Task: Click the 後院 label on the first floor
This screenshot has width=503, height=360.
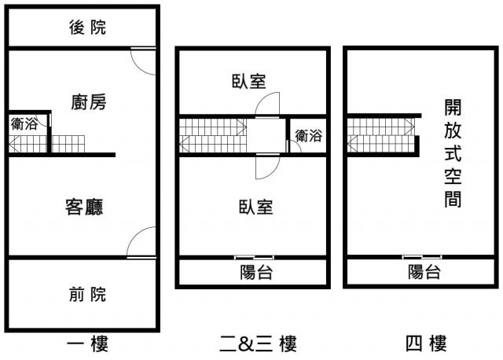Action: click(x=87, y=28)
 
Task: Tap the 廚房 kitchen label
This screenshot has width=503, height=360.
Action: click(x=88, y=102)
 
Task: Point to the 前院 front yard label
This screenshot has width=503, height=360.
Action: click(x=86, y=295)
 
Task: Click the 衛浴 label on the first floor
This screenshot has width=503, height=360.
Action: click(x=24, y=124)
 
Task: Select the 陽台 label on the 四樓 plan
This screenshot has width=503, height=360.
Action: click(x=424, y=273)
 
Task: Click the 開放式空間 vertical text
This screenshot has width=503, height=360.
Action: click(x=452, y=152)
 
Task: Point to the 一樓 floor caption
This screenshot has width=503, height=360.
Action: click(x=87, y=343)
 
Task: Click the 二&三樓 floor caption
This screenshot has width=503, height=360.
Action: click(x=257, y=343)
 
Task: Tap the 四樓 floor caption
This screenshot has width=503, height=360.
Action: click(x=425, y=343)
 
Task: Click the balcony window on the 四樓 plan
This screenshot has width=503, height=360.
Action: click(x=422, y=257)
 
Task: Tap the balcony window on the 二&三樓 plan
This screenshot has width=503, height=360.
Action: click(x=254, y=257)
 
